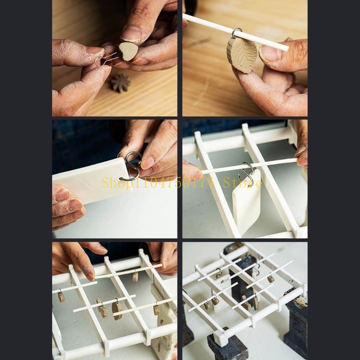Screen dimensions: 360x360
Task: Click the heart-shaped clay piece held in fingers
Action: (x=128, y=51)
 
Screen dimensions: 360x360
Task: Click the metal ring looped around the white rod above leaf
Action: (x=237, y=33)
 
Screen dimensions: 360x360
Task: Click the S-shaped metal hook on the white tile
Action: (x=132, y=165)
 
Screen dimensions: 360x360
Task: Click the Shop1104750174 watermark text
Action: (x=160, y=183)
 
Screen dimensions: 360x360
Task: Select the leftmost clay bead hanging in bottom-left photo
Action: (x=61, y=297)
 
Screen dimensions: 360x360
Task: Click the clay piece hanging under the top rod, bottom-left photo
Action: (x=135, y=277)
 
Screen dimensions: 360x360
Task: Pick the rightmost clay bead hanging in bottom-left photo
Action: (x=156, y=309)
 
